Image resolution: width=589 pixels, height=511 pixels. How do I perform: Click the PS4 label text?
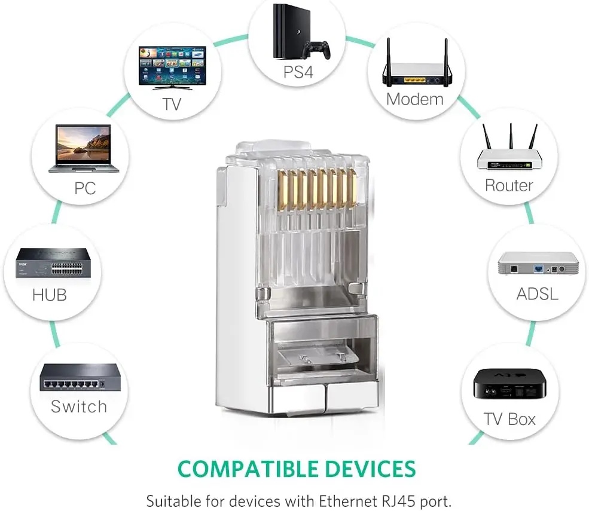[298, 72]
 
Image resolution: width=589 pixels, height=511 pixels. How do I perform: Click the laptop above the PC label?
[84, 148]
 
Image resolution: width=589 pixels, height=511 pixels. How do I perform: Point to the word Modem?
[415, 99]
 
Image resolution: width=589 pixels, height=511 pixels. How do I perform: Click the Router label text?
[509, 185]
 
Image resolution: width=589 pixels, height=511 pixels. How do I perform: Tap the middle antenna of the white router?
[511, 136]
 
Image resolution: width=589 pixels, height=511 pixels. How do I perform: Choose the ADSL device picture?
[538, 264]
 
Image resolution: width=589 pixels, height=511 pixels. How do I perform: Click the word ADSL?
[537, 293]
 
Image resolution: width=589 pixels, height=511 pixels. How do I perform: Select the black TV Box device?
[509, 384]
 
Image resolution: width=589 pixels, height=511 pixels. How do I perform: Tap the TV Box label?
[509, 419]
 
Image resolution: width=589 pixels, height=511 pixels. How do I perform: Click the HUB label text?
[50, 295]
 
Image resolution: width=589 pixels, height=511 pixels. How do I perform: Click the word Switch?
[79, 406]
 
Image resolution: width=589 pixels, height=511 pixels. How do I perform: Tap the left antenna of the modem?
[389, 56]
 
